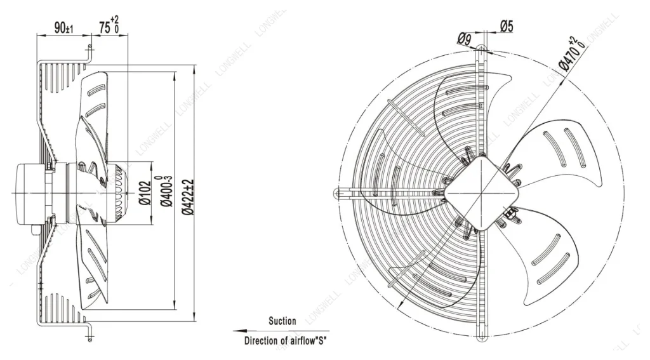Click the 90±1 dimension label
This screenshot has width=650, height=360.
click(x=63, y=28)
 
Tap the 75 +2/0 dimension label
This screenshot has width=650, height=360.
click(x=109, y=25)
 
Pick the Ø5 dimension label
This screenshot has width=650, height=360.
click(x=507, y=26)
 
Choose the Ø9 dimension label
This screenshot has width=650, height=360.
click(x=465, y=39)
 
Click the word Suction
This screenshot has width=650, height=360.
click(x=282, y=321)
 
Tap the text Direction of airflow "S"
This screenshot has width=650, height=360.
click(x=286, y=341)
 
